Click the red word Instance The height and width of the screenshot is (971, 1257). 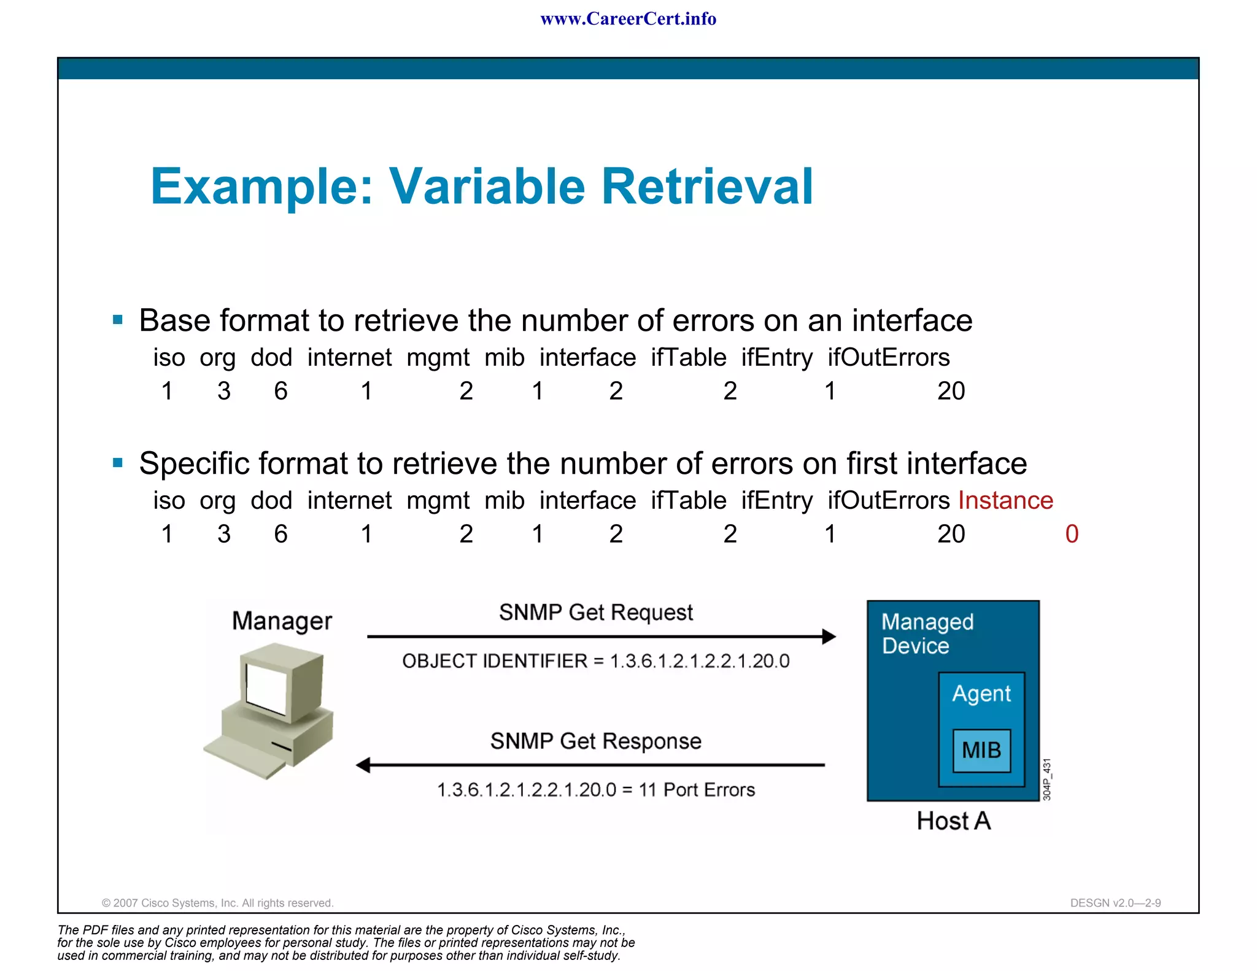(1005, 500)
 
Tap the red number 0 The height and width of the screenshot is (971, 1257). (1072, 534)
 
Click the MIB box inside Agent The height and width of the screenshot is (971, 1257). (981, 750)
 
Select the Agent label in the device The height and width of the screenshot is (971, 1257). (981, 694)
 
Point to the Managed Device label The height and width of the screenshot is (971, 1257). (927, 633)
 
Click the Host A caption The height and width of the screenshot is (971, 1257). (953, 821)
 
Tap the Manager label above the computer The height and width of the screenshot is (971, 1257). (282, 621)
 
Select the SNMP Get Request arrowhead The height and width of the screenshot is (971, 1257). (829, 636)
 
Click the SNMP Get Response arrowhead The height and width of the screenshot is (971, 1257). (363, 765)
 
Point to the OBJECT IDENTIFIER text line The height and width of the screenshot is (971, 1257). (595, 661)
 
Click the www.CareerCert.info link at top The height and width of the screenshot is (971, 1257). (628, 19)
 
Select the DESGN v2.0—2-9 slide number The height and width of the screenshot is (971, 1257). (1115, 903)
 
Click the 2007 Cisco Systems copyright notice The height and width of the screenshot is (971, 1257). (217, 903)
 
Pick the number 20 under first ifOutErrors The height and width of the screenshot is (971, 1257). (951, 391)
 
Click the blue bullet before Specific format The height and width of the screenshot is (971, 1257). (118, 463)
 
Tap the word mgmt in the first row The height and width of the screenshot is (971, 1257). (438, 357)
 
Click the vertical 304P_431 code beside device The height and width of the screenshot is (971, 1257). (1047, 780)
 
